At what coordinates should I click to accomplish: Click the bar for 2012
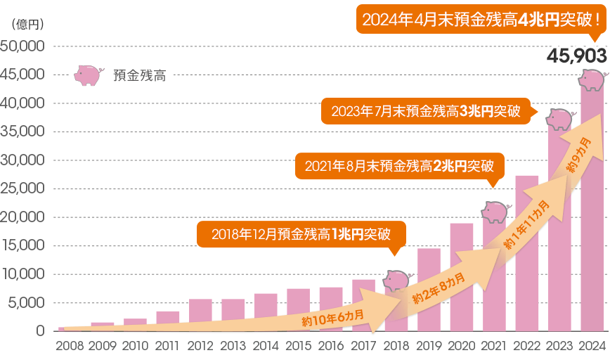click(200, 315)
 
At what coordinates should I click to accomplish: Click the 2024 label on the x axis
click(592, 346)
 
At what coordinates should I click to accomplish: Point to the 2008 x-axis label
click(70, 346)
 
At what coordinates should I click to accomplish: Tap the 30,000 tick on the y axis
click(23, 160)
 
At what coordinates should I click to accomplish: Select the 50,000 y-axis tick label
click(23, 46)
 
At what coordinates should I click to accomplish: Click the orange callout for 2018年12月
click(301, 234)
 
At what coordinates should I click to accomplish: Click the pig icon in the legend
click(88, 75)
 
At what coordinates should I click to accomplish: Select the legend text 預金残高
click(139, 76)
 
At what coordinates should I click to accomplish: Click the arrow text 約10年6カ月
click(332, 316)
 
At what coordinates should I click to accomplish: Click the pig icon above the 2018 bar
click(396, 281)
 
